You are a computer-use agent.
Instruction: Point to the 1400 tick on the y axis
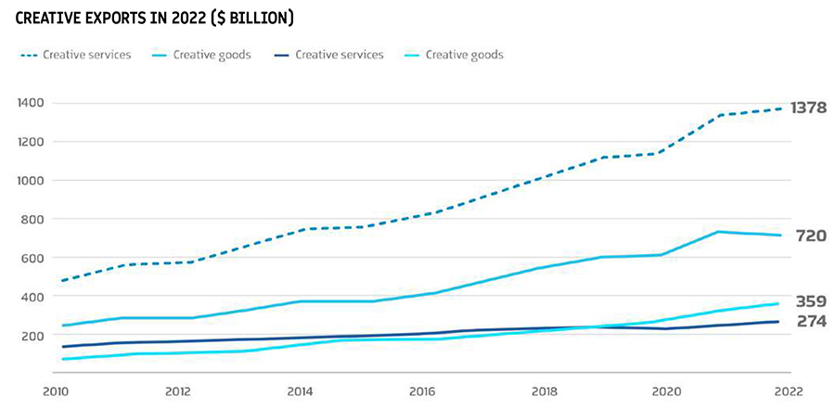(x=30, y=103)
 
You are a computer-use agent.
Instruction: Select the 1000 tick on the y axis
(x=30, y=181)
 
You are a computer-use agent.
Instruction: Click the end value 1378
(x=808, y=108)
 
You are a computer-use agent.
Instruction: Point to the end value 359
(x=810, y=301)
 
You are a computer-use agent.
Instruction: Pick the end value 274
(x=810, y=321)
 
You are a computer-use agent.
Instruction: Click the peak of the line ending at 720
(x=719, y=232)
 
